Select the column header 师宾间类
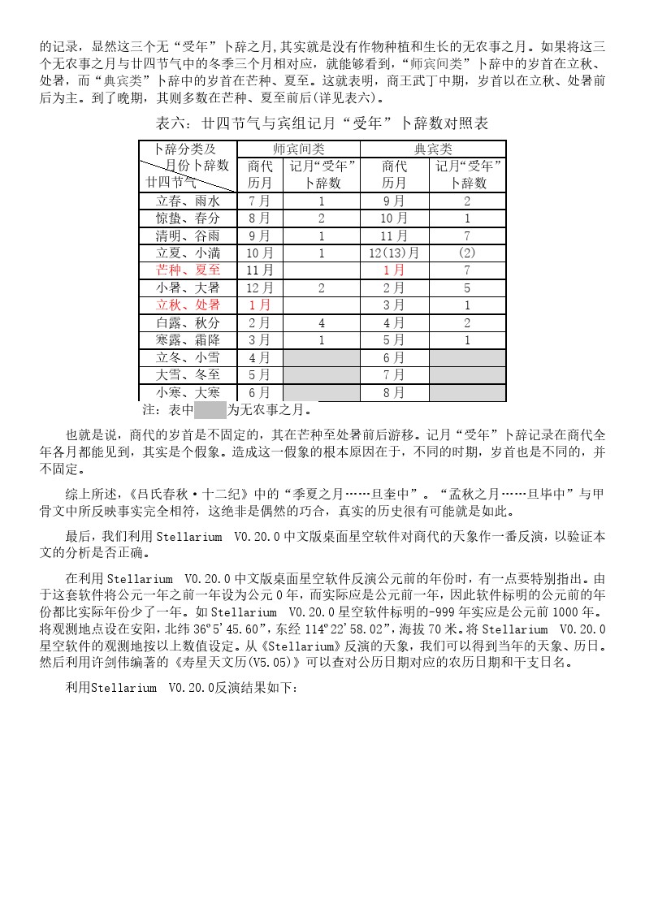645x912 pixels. pos(298,149)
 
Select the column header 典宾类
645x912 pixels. pos(433,149)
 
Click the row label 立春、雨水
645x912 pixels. pos(188,201)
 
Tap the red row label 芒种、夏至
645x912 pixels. pos(188,270)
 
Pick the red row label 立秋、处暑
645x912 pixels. pos(188,305)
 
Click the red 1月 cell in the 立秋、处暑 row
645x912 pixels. pos(259,305)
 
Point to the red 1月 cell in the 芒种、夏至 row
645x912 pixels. pos(394,270)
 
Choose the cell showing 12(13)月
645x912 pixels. pos(394,253)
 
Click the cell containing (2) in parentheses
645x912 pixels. pos(467,253)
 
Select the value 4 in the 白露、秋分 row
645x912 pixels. pos(321,322)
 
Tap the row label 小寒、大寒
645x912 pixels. pos(188,392)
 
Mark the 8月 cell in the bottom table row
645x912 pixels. pos(394,392)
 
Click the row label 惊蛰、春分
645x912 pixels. pos(188,218)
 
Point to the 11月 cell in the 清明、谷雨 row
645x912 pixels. pos(394,236)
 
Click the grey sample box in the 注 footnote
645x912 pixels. pos(210,409)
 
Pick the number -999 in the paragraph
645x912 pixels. pos(416,612)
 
